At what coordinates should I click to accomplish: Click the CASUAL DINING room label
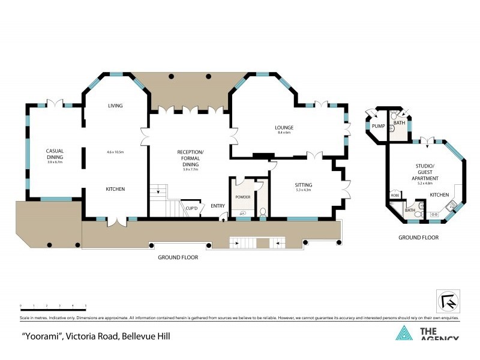pos(55,154)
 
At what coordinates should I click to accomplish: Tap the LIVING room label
pos(115,106)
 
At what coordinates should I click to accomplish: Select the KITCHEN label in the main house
pos(115,189)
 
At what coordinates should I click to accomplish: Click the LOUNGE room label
pos(283,127)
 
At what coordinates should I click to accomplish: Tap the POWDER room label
pos(242,196)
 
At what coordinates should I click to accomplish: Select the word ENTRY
pos(217,206)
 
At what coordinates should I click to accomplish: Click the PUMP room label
pos(377,126)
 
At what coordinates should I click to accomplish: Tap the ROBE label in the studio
pos(395,196)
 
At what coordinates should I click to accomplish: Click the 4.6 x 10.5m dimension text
pos(115,152)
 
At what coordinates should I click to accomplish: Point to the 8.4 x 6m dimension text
pos(283,133)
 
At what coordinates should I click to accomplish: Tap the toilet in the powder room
pos(262,211)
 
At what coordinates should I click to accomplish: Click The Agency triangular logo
pos(404,334)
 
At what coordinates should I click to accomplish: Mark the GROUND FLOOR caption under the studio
pos(418,238)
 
